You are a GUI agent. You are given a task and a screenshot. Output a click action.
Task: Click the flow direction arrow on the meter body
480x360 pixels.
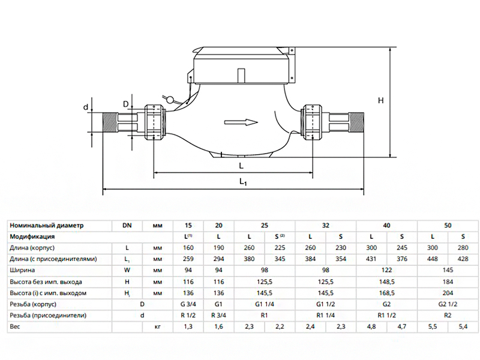[241, 122]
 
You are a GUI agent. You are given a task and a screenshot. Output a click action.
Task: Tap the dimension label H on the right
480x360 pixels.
[380, 101]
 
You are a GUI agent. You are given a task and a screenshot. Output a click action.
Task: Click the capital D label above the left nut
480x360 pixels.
[126, 104]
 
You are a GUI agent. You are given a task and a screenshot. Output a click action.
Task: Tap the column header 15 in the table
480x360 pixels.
[190, 226]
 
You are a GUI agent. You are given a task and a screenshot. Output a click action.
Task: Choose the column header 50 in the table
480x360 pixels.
[447, 226]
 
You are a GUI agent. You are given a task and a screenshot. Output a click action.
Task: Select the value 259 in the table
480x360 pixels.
[190, 259]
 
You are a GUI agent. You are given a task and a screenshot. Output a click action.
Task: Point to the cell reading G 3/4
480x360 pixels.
[190, 304]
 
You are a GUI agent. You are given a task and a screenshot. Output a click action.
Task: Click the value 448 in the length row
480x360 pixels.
[431, 259]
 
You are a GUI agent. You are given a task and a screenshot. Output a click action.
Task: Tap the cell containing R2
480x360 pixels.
[447, 316]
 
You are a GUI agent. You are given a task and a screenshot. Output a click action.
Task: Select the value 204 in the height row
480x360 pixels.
[447, 293]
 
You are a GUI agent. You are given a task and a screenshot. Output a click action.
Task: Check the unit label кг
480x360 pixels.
[158, 327]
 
